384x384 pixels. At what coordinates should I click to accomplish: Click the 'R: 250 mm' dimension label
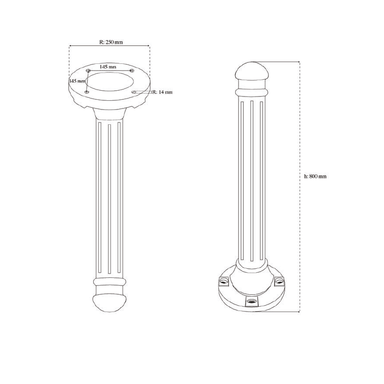[110, 42]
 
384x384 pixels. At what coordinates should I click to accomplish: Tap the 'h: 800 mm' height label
[315, 177]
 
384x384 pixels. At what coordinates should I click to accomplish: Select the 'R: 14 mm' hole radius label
[162, 92]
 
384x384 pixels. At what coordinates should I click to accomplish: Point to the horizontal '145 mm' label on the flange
[108, 67]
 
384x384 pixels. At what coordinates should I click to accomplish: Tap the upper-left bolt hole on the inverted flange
[87, 71]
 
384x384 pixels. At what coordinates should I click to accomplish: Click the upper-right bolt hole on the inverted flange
[132, 71]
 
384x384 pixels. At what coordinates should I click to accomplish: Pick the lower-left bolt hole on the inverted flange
[86, 92]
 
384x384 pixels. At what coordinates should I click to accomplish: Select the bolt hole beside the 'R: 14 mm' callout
[134, 91]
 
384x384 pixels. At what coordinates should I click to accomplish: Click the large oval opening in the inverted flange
[110, 82]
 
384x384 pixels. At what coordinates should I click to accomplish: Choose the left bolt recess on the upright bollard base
[224, 280]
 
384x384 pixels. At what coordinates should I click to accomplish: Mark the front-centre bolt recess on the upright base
[251, 301]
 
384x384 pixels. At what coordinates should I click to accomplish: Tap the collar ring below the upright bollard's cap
[252, 90]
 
